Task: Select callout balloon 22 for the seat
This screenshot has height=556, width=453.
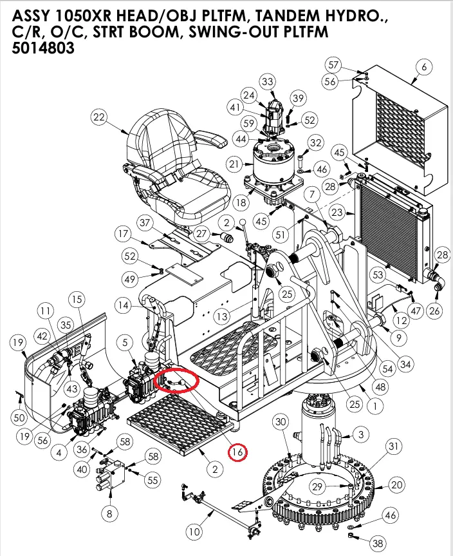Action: [x=98, y=117]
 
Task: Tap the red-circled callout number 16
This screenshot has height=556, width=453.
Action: [x=237, y=452]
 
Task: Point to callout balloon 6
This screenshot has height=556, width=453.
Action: [x=423, y=66]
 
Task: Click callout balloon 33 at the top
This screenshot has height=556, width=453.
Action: [x=267, y=81]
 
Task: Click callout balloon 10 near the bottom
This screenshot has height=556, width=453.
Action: [x=194, y=532]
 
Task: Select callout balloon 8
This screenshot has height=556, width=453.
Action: [x=109, y=513]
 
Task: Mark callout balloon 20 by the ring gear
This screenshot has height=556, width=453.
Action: [x=396, y=484]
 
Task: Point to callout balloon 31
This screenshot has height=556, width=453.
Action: [x=394, y=446]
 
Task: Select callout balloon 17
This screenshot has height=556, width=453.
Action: [x=124, y=233]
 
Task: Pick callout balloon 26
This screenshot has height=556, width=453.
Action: [x=434, y=311]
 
